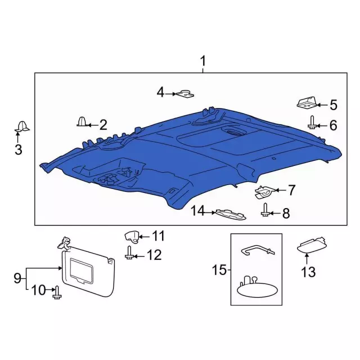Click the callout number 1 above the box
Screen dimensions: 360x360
point(203,60)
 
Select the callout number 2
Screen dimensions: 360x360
point(103,125)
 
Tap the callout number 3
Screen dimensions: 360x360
point(18,149)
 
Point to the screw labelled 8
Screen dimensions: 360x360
point(264,212)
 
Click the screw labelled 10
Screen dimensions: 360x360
point(56,291)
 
